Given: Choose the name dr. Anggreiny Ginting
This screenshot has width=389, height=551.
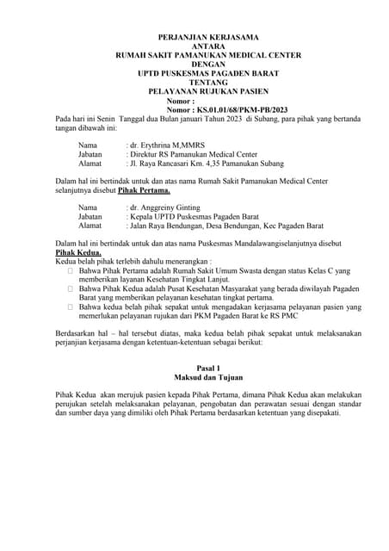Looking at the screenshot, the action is click(x=167, y=208).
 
